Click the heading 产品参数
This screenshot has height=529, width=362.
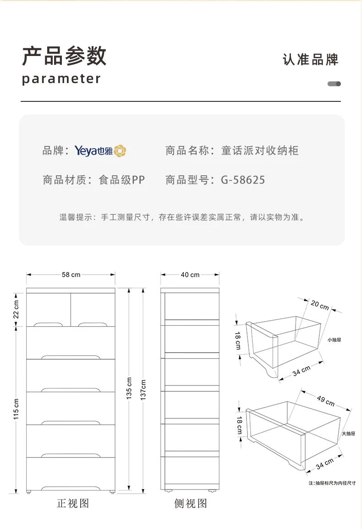coord(64,56)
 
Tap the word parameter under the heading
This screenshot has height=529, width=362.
coord(61,79)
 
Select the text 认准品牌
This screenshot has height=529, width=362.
coord(311,60)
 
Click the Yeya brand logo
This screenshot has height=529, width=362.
coord(100,150)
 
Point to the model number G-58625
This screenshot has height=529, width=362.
coord(243,180)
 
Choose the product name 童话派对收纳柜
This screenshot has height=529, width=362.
coord(260,150)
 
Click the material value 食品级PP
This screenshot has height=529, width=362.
coord(122,180)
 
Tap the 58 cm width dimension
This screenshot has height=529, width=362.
coord(71,274)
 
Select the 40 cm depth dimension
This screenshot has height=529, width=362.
coord(190,274)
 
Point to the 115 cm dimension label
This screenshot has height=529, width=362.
coord(16,408)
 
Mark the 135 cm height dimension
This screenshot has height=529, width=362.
coord(129,388)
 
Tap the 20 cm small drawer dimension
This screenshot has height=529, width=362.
coord(320,305)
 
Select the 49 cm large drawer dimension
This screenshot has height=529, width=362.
coord(325,400)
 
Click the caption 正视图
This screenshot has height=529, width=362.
coord(72,503)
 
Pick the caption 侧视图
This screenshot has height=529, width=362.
coord(191,503)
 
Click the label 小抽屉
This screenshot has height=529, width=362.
coord(335,340)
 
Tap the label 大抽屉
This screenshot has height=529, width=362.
coord(348,433)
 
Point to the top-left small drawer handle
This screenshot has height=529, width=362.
coord(47,323)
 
